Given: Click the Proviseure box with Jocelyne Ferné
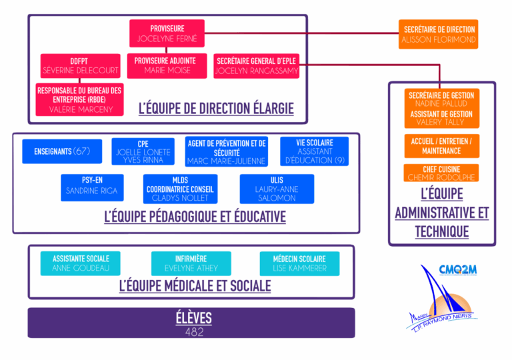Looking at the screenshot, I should [167, 33].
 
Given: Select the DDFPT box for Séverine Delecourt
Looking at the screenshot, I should [81, 65].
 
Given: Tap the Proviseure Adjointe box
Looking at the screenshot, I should [165, 65].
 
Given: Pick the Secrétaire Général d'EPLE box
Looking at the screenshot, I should [257, 65].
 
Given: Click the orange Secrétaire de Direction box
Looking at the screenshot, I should [439, 34].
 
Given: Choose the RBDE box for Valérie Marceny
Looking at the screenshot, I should [79, 99].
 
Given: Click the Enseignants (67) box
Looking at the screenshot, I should [62, 151].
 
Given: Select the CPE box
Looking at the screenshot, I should [143, 151].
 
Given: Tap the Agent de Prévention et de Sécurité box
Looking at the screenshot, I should [227, 151].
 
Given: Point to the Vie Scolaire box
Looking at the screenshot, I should [315, 151].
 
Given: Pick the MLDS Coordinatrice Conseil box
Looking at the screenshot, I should [180, 189].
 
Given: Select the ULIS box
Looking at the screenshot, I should [277, 189].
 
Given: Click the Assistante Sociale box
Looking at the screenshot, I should [81, 263].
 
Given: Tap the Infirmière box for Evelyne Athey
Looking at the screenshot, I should [191, 263].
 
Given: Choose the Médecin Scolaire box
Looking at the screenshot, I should [299, 263].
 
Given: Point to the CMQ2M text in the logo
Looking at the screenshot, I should [457, 269].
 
